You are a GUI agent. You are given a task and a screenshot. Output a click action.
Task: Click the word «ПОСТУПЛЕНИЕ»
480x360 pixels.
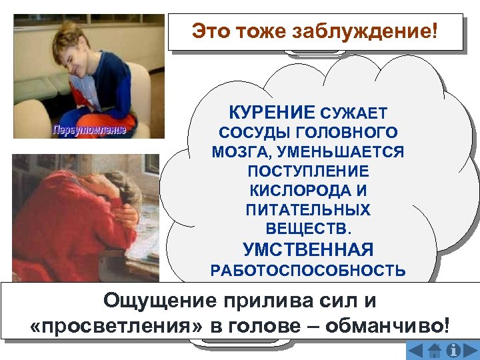tap(308, 171)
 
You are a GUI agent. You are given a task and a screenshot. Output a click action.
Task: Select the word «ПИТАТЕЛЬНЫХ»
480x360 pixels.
tap(308, 210)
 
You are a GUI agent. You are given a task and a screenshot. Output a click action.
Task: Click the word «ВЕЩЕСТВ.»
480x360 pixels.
tap(308, 229)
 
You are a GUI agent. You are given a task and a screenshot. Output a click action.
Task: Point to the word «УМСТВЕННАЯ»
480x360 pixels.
tap(308, 250)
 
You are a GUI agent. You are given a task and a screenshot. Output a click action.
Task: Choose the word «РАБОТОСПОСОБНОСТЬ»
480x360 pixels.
tap(308, 270)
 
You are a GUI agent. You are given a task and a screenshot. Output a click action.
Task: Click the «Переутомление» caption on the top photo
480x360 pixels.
tap(89, 129)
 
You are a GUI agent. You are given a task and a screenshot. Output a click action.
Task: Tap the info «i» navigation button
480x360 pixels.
tap(455, 350)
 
